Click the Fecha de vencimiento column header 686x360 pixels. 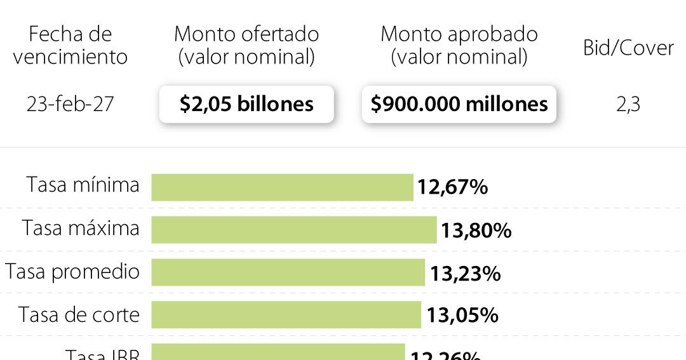coord(70,45)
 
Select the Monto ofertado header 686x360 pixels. coord(246,45)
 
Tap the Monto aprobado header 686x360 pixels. coord(459,45)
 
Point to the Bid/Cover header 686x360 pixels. coord(628,48)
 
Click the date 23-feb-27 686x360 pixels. coord(70,103)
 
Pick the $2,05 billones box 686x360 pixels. coord(246,104)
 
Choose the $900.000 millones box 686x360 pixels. coord(459,104)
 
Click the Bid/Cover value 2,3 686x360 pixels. coord(628,104)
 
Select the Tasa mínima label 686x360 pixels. coord(83,185)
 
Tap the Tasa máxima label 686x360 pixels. coord(81,228)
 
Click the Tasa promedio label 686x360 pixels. coord(72,272)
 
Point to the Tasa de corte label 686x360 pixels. coord(79,314)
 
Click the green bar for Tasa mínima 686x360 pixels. coord(282,187)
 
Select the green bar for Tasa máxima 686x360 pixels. coord(293,230)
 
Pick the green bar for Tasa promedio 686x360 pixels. coord(288,272)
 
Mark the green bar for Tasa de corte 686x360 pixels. coord(286,315)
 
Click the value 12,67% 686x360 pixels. coord(452,187)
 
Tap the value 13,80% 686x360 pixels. coord(476,230)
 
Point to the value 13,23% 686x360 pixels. coord(465,273)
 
